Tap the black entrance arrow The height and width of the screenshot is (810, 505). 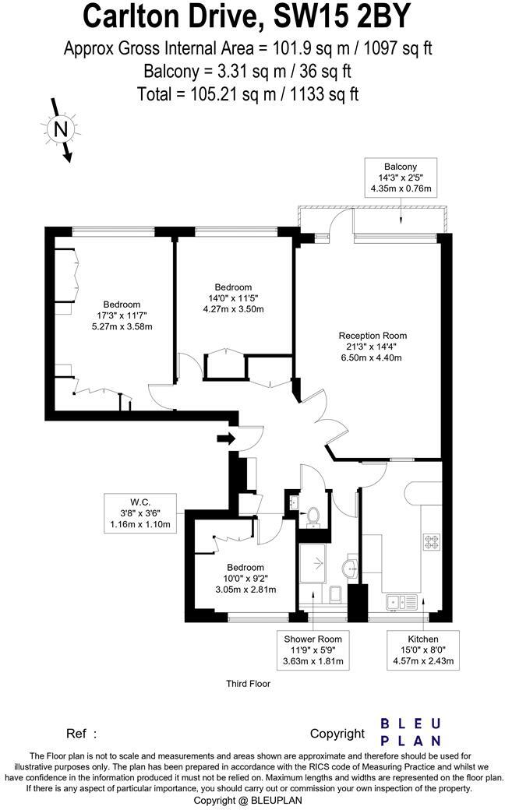[226, 439]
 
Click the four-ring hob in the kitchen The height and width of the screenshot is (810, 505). [431, 541]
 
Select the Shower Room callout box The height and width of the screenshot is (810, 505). [313, 650]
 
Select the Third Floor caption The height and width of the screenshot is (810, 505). [247, 684]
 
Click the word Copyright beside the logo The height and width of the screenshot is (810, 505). [337, 733]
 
